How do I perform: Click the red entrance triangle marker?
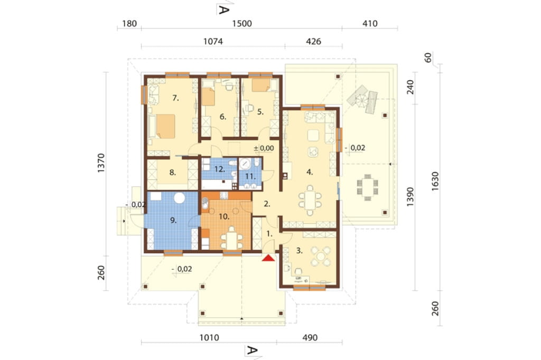[268, 257]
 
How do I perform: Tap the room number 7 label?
[175, 98]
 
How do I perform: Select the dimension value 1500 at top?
[242, 23]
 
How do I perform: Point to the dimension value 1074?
[213, 42]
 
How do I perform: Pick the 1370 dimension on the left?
[101, 163]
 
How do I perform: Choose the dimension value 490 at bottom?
[310, 338]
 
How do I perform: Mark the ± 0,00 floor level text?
[264, 148]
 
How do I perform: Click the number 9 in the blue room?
[173, 220]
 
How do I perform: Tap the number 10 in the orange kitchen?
[224, 216]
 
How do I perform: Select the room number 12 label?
[220, 169]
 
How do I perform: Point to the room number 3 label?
[300, 251]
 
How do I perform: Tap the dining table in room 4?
[310, 201]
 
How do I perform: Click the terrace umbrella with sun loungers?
[362, 99]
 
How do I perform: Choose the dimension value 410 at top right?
[370, 23]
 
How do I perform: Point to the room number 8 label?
[173, 173]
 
